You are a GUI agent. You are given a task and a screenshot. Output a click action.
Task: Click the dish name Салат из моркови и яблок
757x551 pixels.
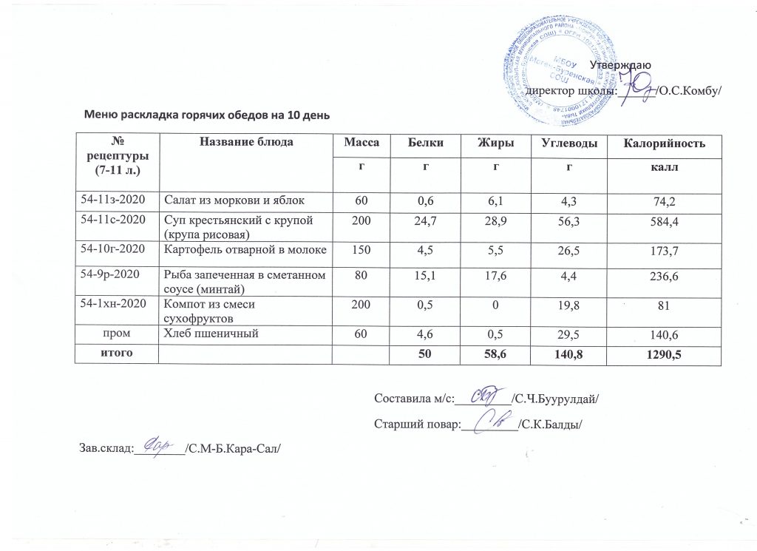click(x=235, y=200)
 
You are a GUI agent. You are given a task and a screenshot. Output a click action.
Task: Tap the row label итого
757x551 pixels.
click(x=118, y=354)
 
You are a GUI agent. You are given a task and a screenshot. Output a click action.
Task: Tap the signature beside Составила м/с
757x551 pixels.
click(x=484, y=398)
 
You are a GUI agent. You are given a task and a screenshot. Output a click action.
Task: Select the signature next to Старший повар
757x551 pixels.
click(x=492, y=422)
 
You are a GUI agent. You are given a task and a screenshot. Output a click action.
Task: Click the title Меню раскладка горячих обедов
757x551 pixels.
click(x=206, y=115)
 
